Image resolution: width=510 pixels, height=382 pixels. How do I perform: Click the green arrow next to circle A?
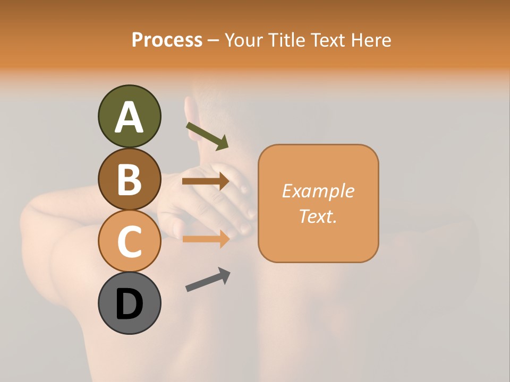click(207, 136)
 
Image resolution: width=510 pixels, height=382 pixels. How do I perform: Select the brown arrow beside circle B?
click(206, 181)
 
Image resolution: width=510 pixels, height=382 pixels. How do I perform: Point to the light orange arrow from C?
click(206, 239)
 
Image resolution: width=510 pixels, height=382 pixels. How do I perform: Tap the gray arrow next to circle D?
click(208, 280)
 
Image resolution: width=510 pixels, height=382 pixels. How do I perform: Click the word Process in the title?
click(167, 40)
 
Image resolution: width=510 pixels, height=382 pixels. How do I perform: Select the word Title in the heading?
click(286, 40)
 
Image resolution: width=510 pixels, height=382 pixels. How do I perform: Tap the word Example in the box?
click(318, 191)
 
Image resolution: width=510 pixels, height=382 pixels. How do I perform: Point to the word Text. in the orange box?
click(318, 216)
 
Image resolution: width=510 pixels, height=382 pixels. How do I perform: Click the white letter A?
click(129, 117)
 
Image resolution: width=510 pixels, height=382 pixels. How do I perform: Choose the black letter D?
click(129, 305)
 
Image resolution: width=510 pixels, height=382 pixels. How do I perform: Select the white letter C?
click(129, 242)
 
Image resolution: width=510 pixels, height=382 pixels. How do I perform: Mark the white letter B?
click(129, 180)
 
